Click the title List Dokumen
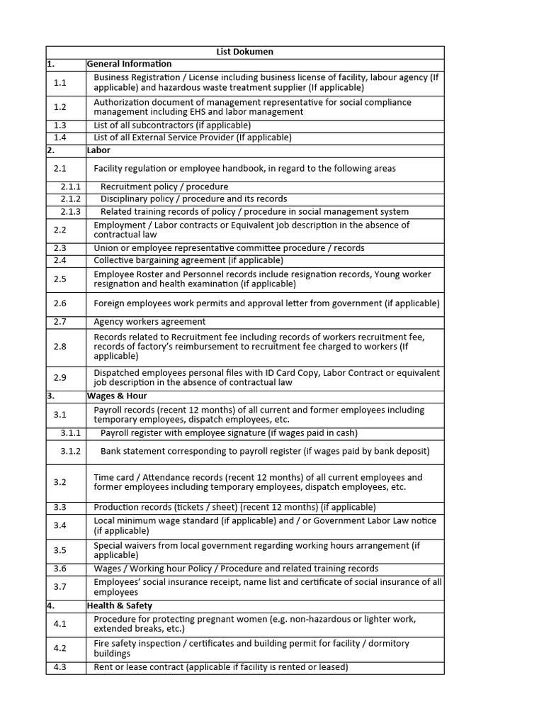click(244, 52)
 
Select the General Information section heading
click(129, 64)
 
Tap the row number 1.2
click(59, 107)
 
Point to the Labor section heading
click(98, 150)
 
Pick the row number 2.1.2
click(70, 199)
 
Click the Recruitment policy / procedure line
click(164, 187)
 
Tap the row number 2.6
click(59, 303)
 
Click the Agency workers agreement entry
click(149, 322)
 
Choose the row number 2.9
click(59, 378)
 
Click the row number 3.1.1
click(70, 433)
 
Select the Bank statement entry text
click(265, 452)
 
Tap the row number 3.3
click(59, 508)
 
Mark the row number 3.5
click(59, 550)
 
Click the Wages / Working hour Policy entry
click(236, 569)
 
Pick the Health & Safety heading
click(120, 606)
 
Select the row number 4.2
click(59, 648)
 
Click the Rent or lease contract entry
click(220, 667)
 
